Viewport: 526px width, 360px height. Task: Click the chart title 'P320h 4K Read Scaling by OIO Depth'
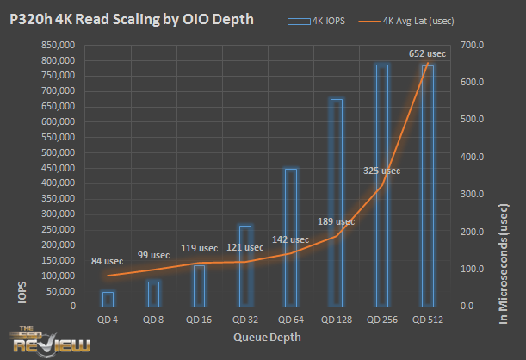coord(132,19)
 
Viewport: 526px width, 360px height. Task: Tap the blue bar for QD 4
coord(108,298)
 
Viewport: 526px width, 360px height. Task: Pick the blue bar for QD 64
coord(290,237)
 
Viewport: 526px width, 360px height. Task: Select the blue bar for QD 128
coord(336,202)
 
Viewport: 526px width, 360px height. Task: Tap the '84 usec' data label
coord(107,261)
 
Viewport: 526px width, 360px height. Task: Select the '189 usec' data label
coord(334,221)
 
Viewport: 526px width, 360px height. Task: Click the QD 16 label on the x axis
coord(199,320)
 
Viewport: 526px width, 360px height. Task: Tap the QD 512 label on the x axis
coord(427,320)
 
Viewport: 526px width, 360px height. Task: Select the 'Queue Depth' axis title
coord(267,338)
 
